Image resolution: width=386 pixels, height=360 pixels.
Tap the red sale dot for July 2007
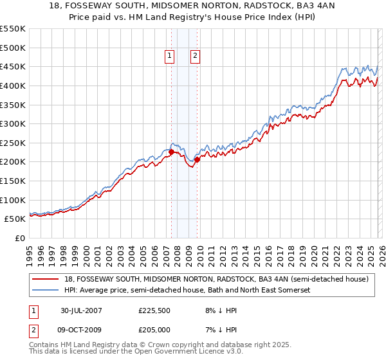[172, 152]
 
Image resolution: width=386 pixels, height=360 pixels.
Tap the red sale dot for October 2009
[197, 159]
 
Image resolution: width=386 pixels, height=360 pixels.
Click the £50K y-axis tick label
[15, 219]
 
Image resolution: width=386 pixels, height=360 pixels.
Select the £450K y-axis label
[13, 66]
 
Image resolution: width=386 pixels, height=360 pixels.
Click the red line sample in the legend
[46, 279]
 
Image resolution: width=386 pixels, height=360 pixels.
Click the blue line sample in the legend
[46, 290]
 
